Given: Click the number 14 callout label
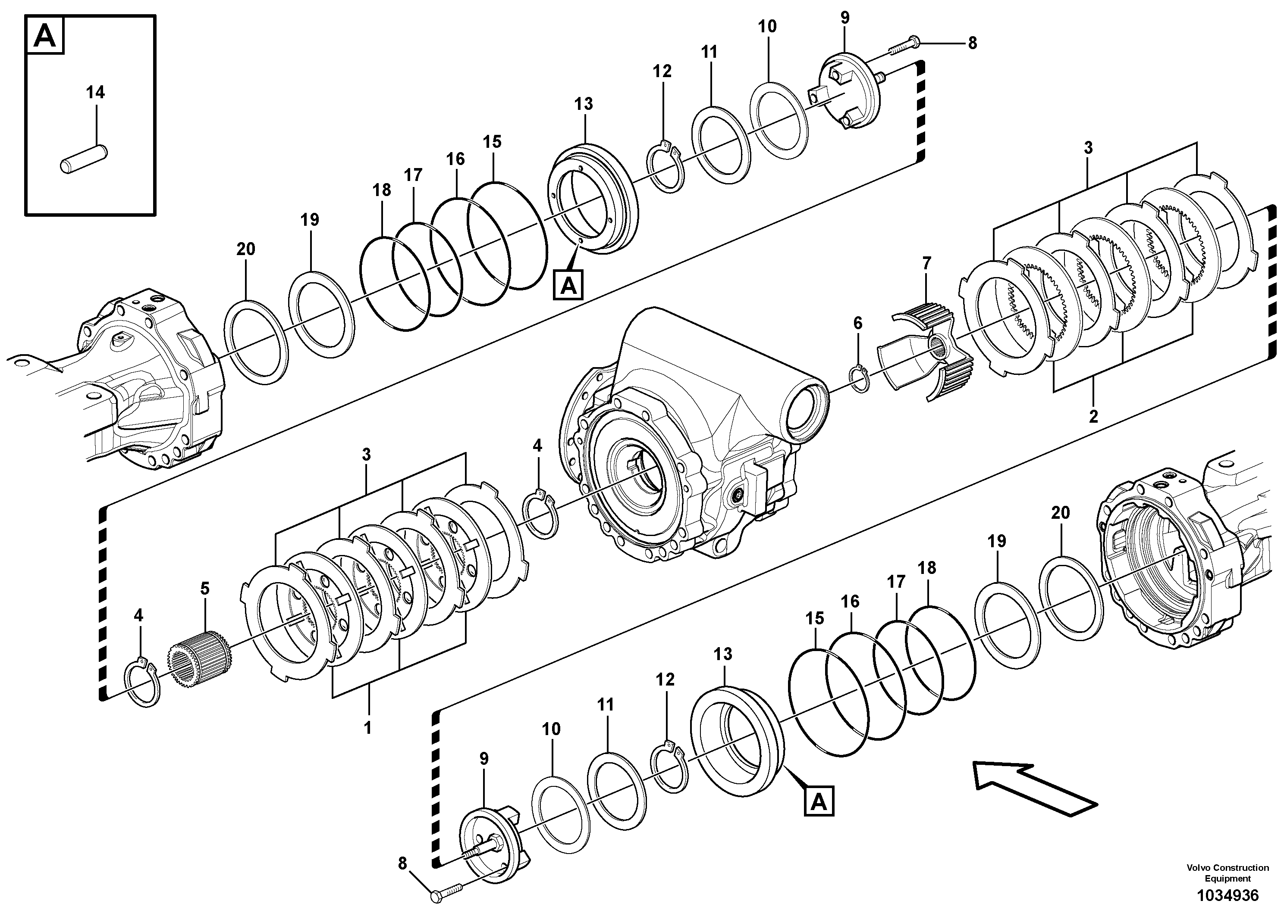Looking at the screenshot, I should [x=95, y=92].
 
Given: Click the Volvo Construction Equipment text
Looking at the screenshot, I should [x=1227, y=872].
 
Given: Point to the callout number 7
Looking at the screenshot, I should [x=926, y=263].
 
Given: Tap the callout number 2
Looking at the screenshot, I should [x=1093, y=416].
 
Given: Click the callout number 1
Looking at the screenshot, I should [x=367, y=728].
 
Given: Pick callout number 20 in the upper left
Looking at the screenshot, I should [x=245, y=249].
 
